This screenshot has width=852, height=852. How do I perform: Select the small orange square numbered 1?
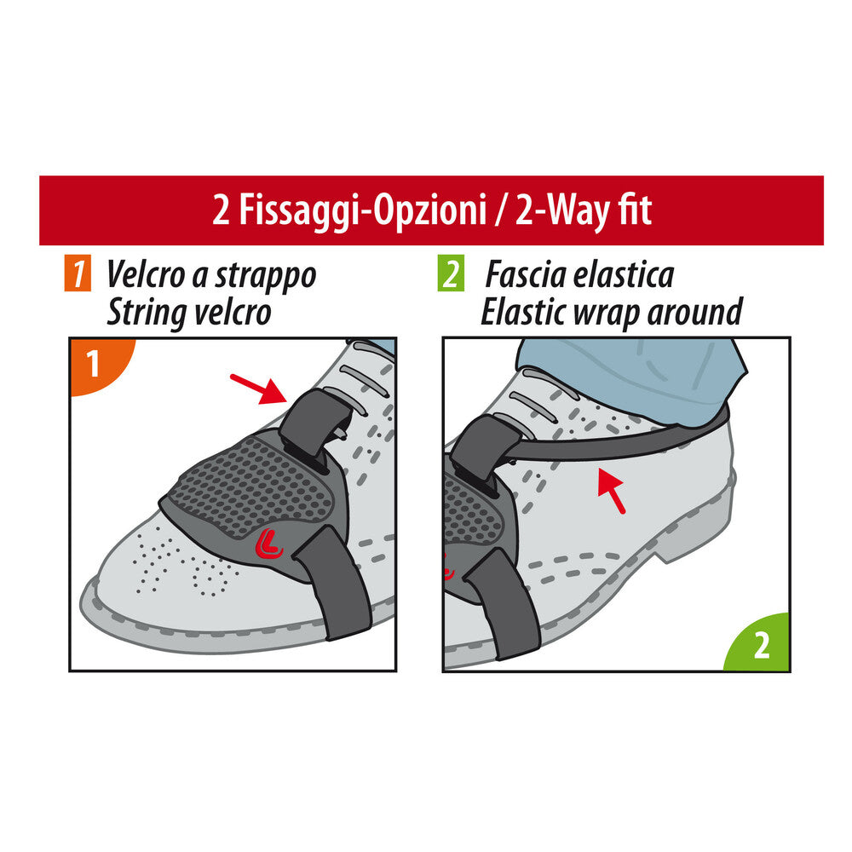(78, 276)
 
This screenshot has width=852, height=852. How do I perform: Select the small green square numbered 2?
(451, 276)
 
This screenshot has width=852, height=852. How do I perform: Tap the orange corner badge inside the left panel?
(94, 364)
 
